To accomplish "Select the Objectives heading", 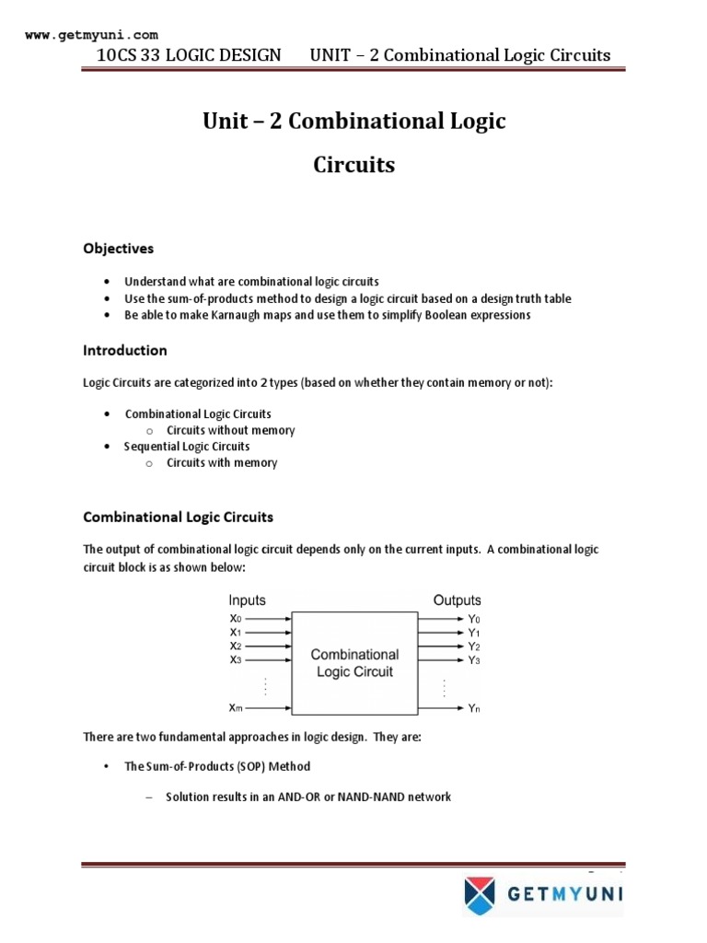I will point(119,249).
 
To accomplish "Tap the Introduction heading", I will point(125,350).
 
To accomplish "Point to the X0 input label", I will point(237,619).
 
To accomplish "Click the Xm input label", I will point(237,707).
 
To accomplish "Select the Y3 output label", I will point(474,660).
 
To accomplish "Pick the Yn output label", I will point(474,708).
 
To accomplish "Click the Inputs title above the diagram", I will point(248,600).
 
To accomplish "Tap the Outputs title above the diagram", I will point(458,600).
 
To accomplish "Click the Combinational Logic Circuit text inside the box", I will point(354,663).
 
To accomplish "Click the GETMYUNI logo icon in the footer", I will point(479,893).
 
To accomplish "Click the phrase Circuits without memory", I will point(231,430).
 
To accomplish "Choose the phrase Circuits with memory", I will point(222,462).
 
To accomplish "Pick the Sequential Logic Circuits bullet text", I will point(187,447).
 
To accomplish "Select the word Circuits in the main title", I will point(354,165).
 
